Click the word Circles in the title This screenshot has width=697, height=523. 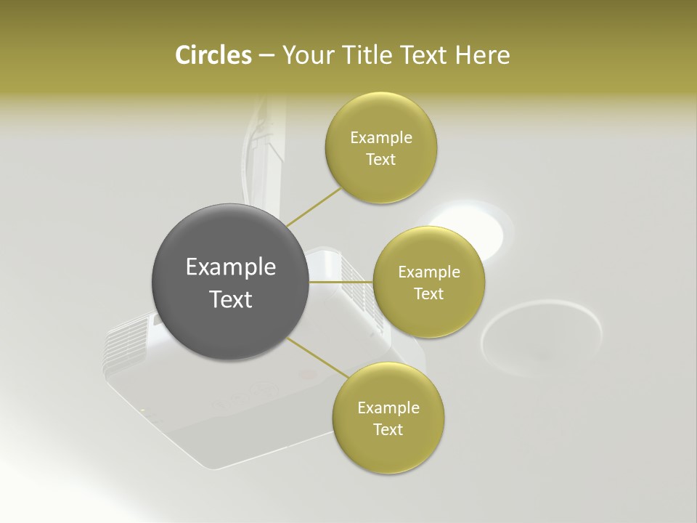(213, 55)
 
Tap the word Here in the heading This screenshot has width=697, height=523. (482, 55)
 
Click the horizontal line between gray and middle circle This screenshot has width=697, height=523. (341, 282)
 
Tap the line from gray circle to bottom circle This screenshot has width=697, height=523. (317, 358)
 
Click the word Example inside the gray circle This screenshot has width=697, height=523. (231, 267)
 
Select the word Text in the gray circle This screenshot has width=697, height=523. (231, 299)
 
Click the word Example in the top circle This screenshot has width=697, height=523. (381, 138)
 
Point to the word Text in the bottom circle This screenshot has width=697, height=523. (388, 429)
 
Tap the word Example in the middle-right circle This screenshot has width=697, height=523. (429, 272)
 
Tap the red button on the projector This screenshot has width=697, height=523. (308, 376)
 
